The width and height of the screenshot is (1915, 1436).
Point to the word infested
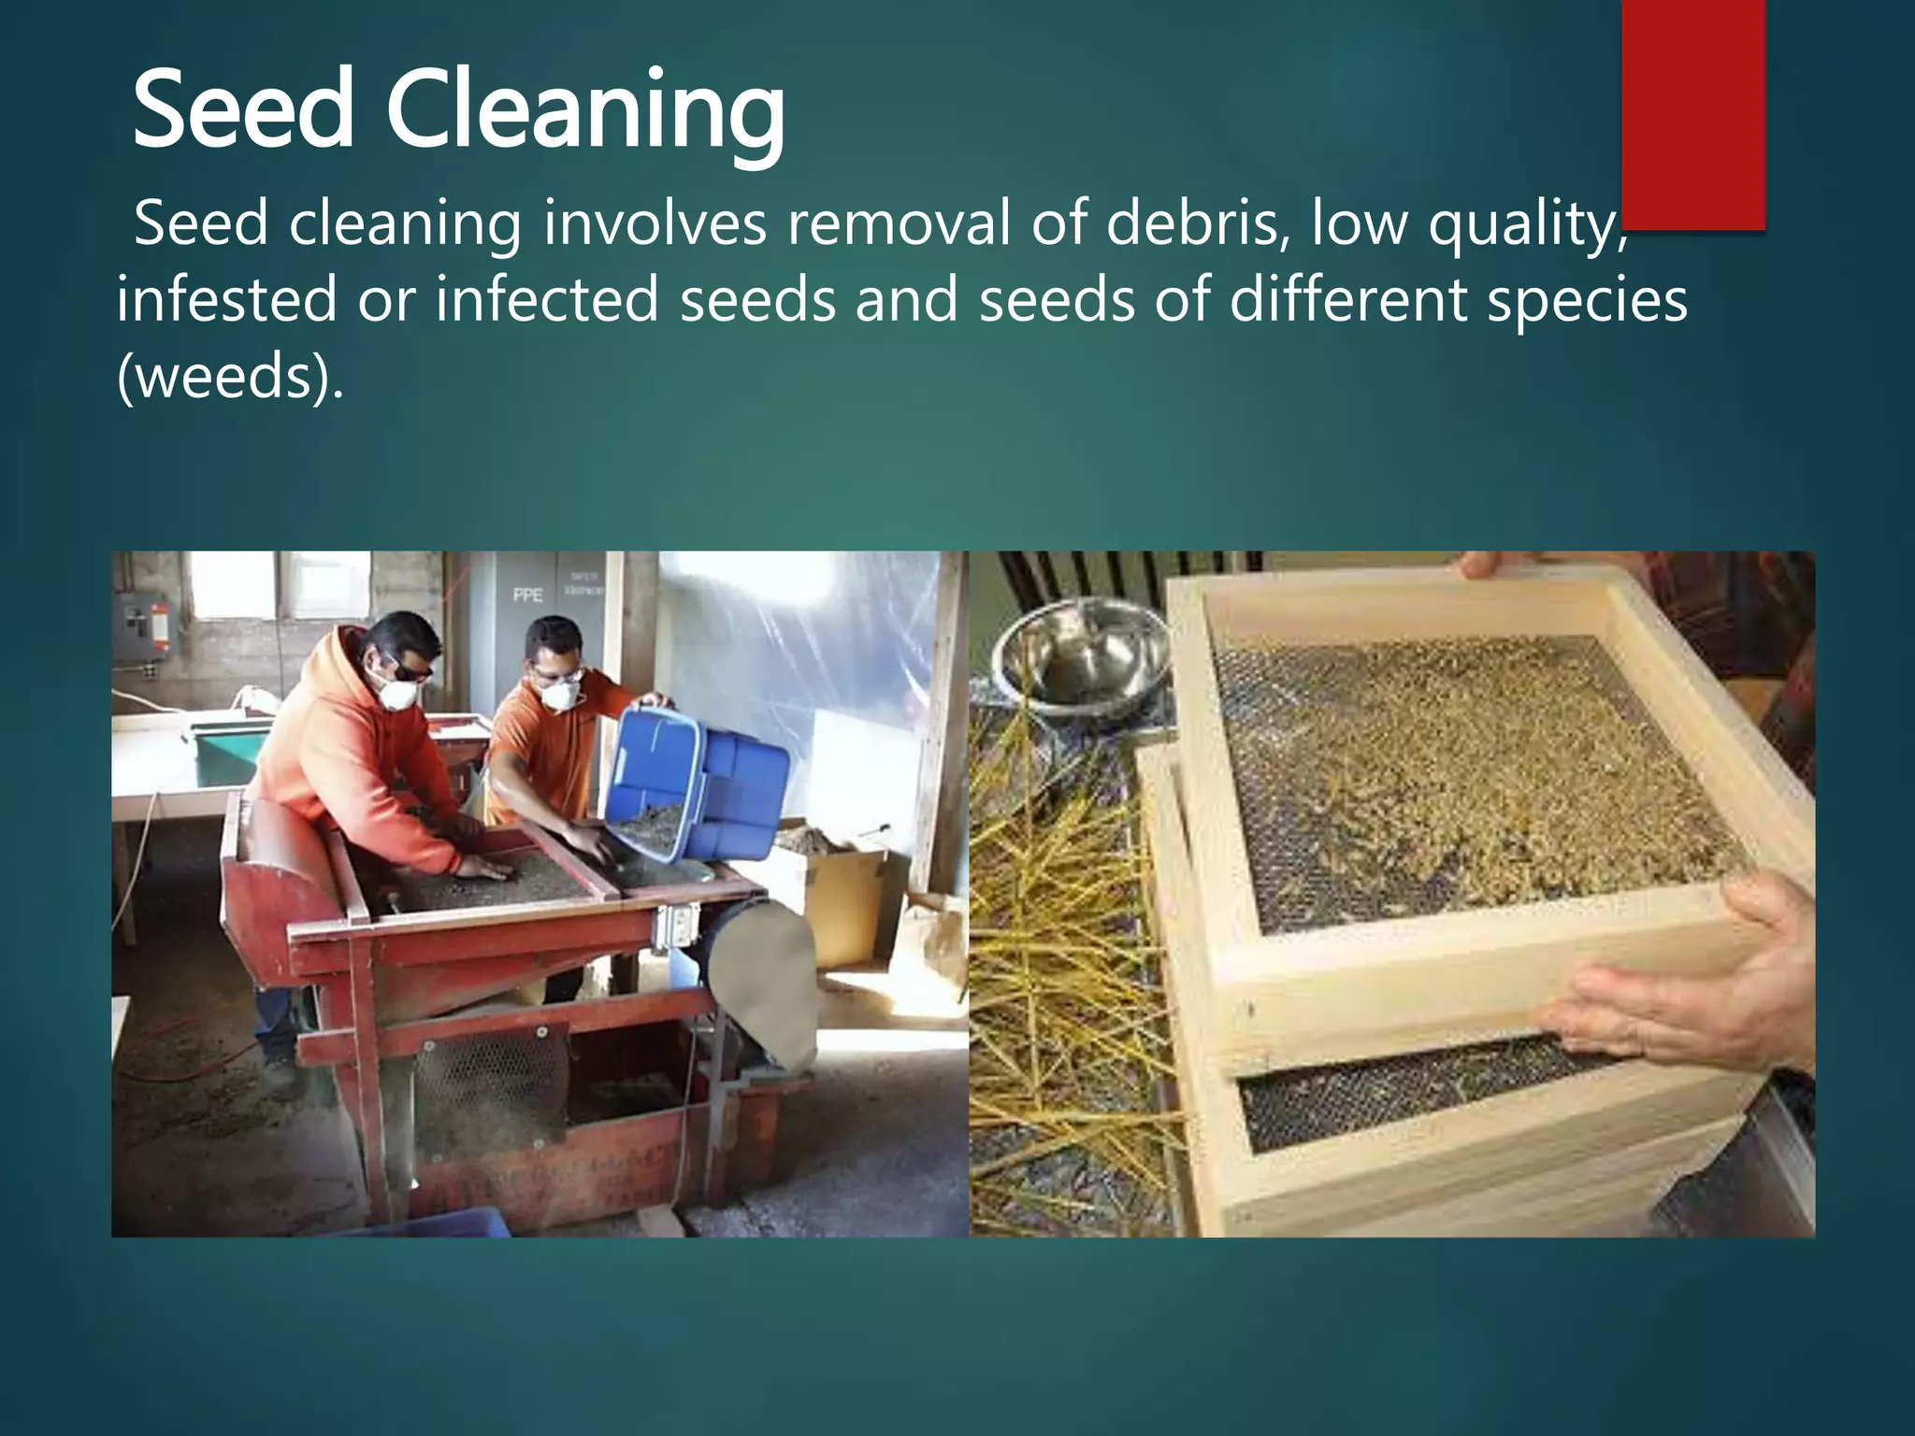tap(226, 300)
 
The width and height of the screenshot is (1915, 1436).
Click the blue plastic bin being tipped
tap(697, 781)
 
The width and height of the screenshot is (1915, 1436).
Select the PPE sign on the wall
tap(527, 595)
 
